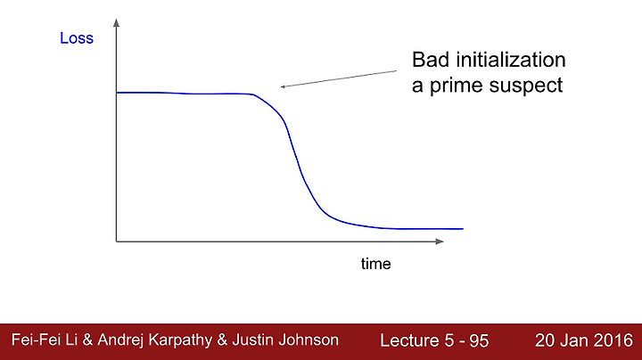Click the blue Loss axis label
(77, 38)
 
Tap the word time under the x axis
(376, 264)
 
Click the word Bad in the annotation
(430, 60)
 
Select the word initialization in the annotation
(511, 60)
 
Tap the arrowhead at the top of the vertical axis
(116, 23)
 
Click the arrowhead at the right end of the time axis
(440, 241)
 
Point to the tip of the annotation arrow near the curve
(281, 86)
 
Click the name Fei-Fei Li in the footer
(45, 340)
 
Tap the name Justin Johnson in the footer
(285, 340)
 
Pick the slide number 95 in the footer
(479, 340)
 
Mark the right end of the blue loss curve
(463, 229)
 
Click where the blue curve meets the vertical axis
(117, 93)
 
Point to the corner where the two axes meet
(116, 241)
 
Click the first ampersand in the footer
(87, 340)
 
